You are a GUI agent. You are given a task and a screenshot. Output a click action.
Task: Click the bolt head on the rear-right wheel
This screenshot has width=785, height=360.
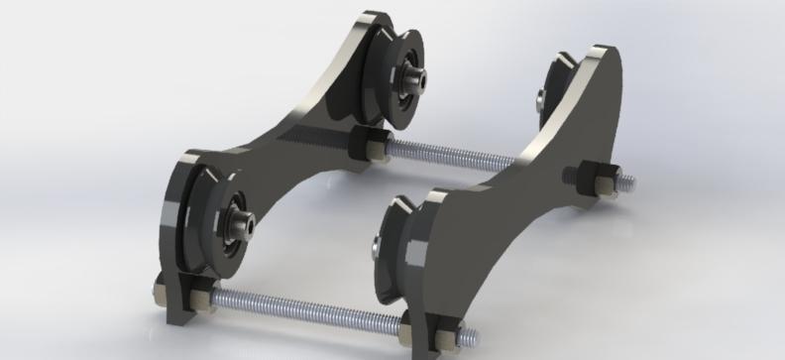(x=539, y=97)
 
